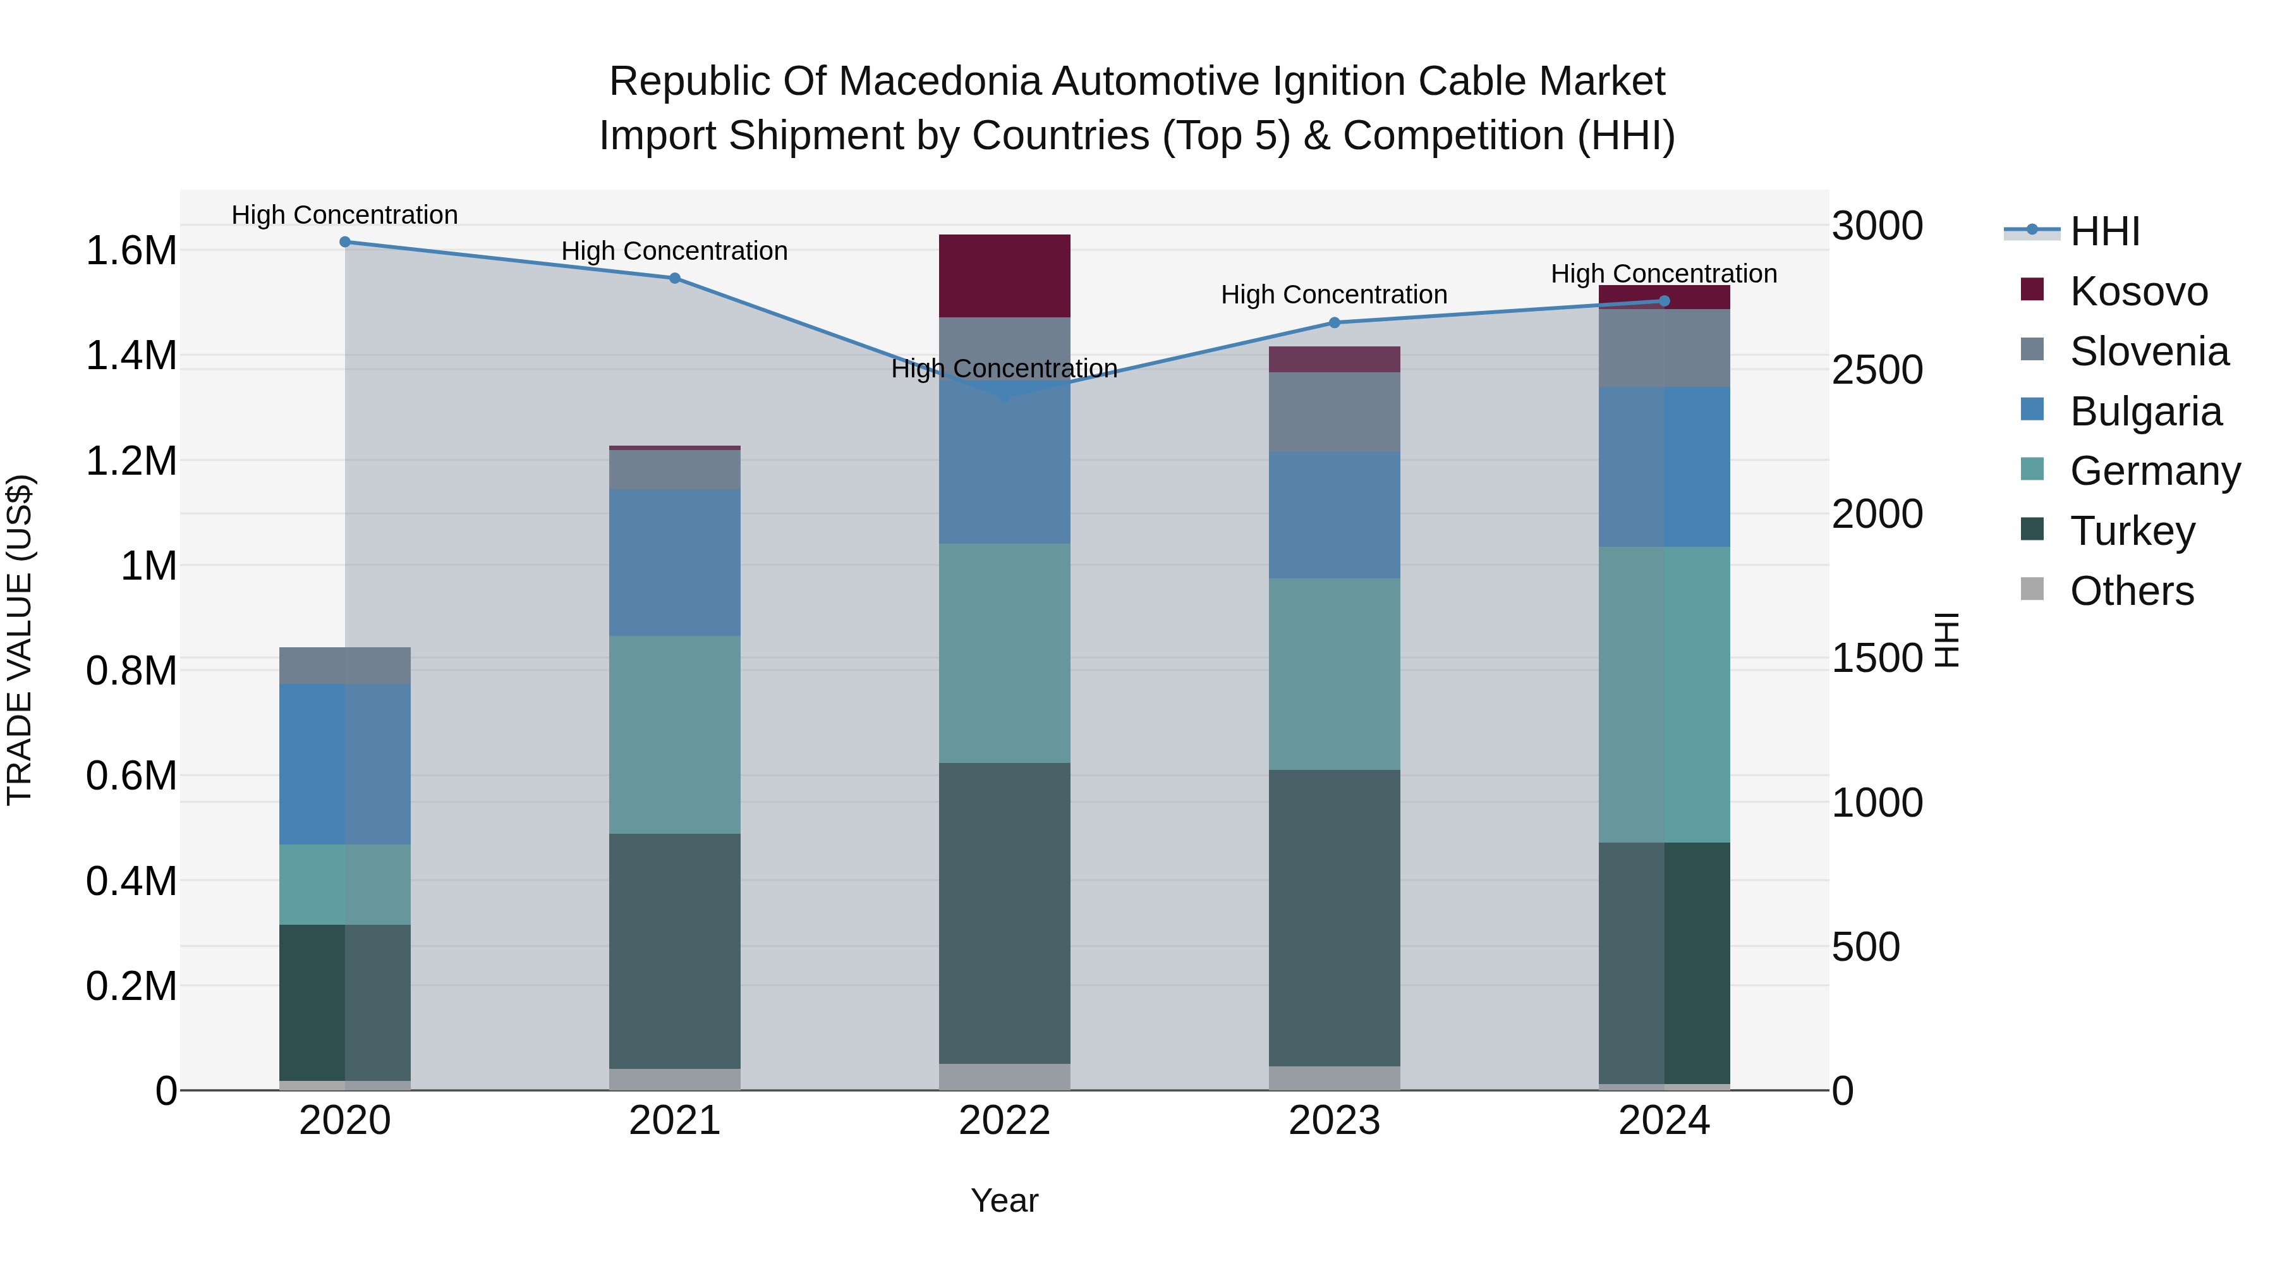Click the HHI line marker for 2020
[x=344, y=242]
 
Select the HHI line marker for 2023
[x=1335, y=322]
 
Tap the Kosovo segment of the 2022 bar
[x=1004, y=276]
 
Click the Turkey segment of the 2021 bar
[x=675, y=951]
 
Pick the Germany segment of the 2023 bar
[x=1335, y=674]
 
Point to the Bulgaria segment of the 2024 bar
[x=1664, y=466]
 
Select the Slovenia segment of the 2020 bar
[x=344, y=666]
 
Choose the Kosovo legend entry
[x=2137, y=291]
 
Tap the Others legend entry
[x=2131, y=591]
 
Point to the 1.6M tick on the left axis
[x=131, y=251]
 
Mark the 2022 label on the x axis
[x=1004, y=1121]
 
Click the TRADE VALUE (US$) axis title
[x=20, y=640]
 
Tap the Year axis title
[x=1004, y=1200]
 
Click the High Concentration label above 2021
[x=675, y=251]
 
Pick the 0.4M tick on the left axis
[x=131, y=881]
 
